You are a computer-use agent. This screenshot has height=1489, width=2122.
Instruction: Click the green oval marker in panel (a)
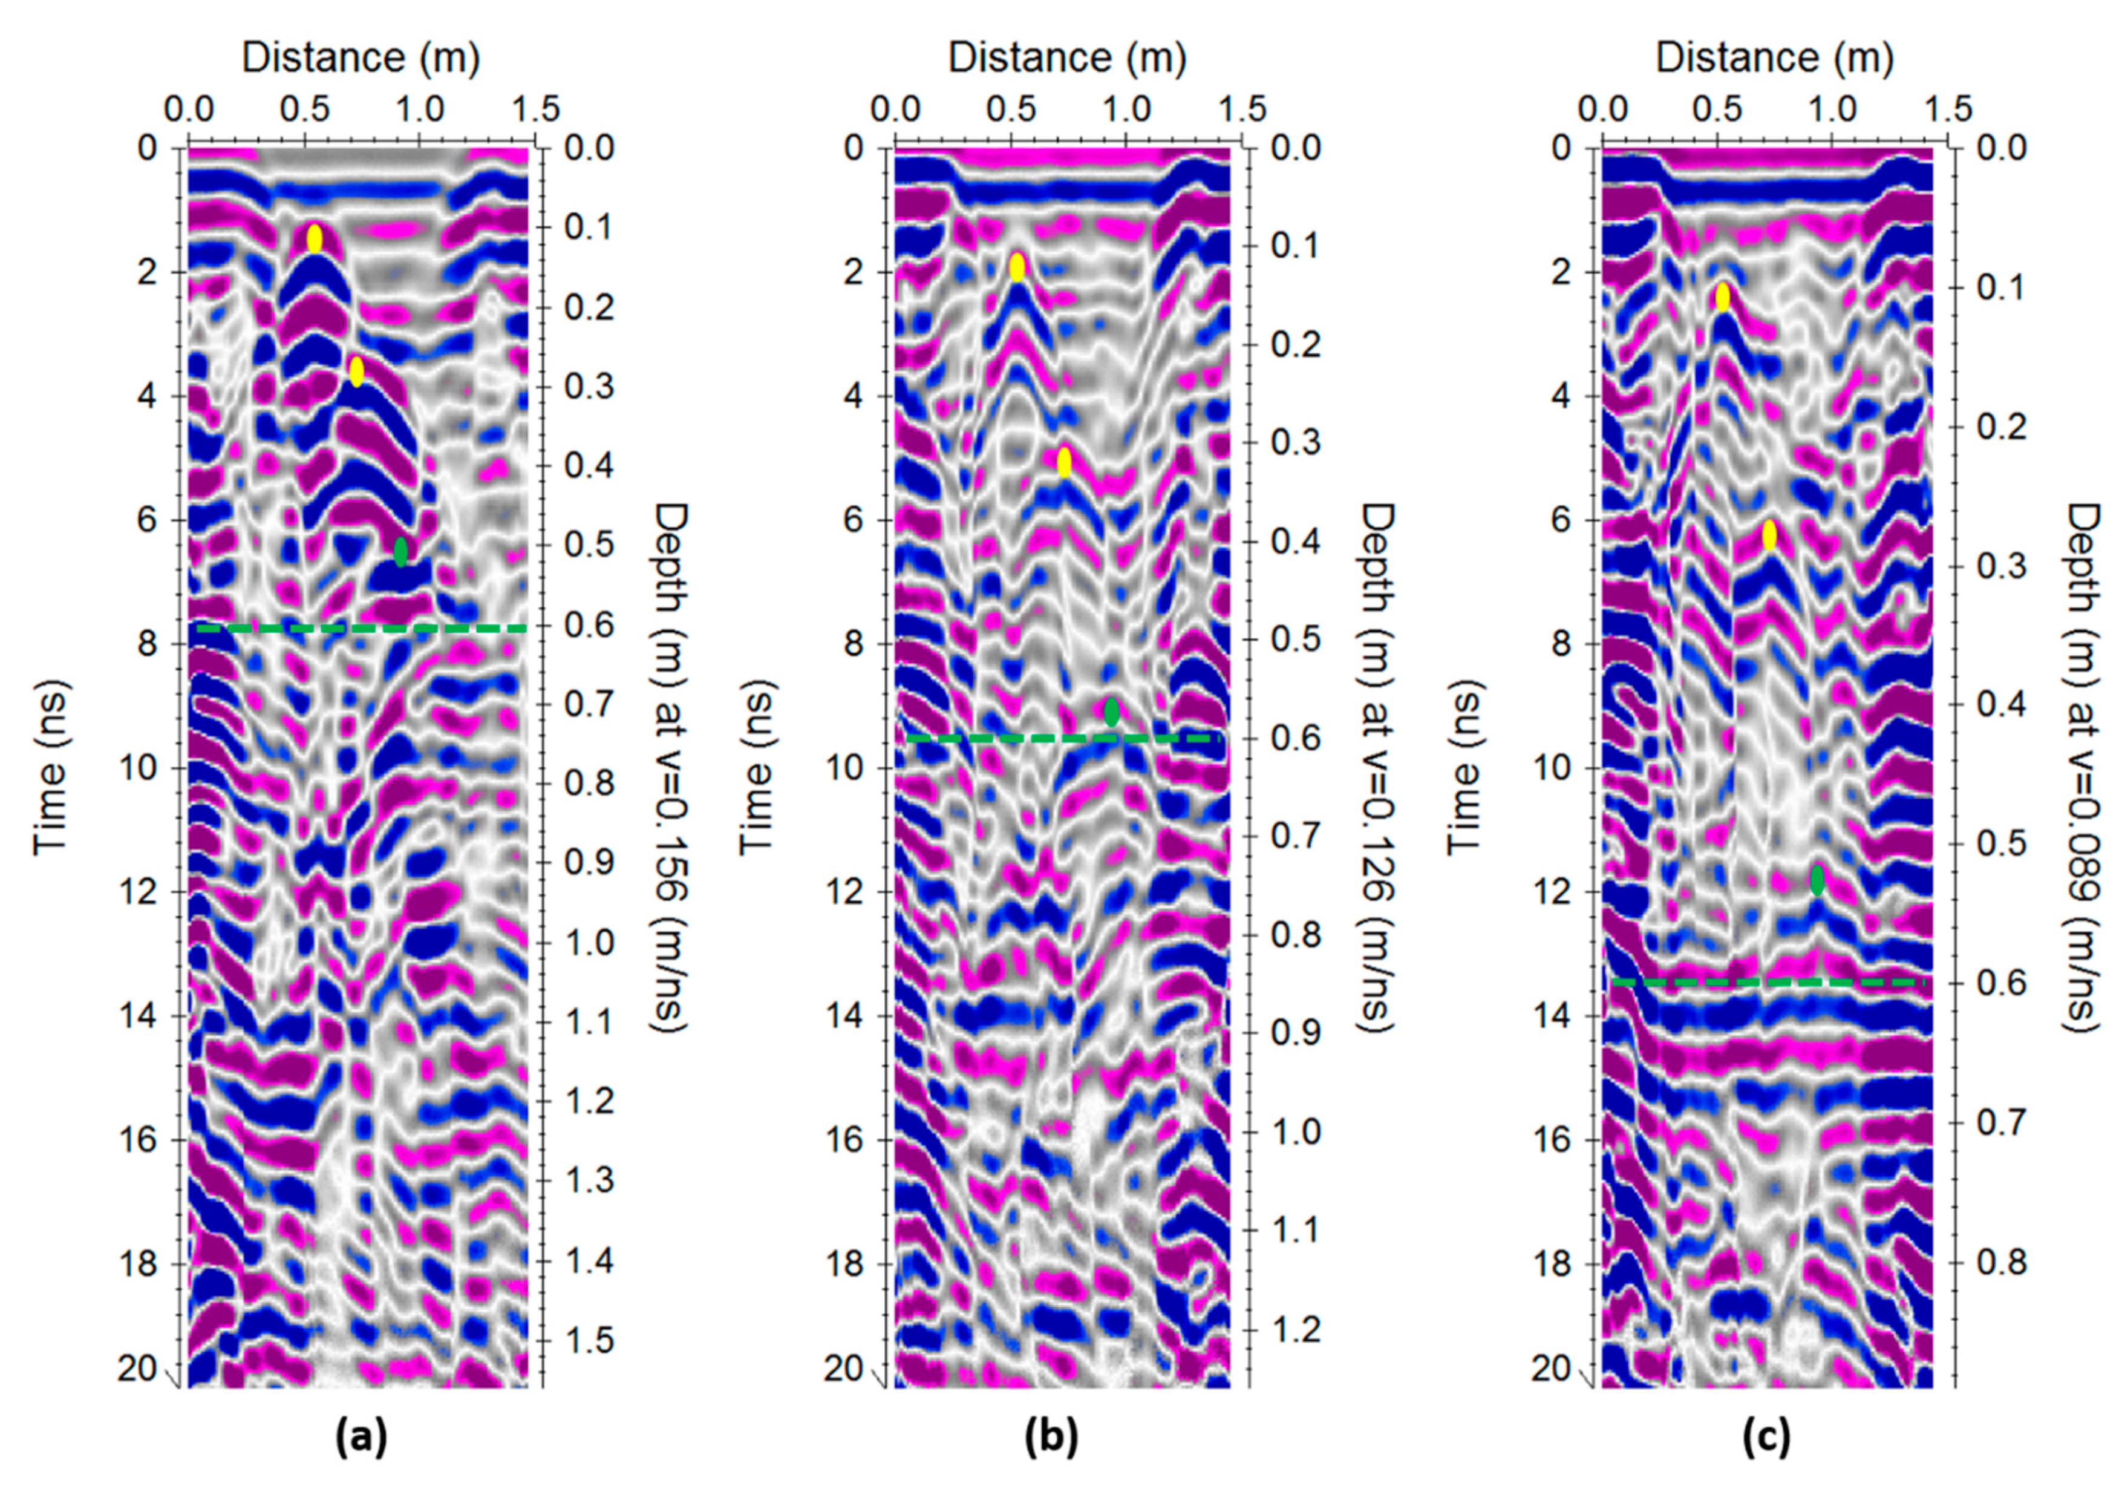[400, 552]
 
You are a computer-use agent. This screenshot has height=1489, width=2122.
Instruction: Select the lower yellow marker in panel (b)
[1064, 461]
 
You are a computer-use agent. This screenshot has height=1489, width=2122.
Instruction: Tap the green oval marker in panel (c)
[1817, 879]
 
